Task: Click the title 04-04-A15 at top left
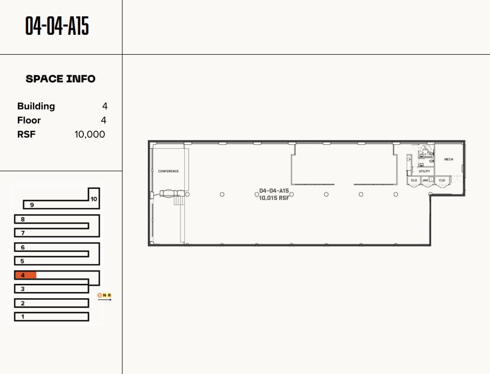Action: tap(57, 26)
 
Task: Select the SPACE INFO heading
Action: tap(60, 79)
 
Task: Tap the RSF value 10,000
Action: tap(90, 135)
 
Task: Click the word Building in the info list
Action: tap(36, 106)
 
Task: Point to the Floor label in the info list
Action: tap(29, 120)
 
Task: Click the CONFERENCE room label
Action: tap(168, 171)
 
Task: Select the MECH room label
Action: tap(449, 160)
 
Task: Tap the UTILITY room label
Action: tap(425, 171)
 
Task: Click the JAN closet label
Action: tap(425, 180)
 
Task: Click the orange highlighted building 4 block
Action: tap(25, 275)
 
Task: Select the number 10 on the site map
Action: tap(94, 199)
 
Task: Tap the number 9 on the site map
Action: tap(32, 205)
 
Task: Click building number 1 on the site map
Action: tap(23, 317)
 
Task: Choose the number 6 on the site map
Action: tap(23, 248)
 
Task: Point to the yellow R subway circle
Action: tap(109, 295)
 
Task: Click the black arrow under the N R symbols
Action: tap(104, 300)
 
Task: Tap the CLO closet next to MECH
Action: tap(442, 180)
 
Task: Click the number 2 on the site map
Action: tap(23, 303)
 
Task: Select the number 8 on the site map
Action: tap(23, 219)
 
